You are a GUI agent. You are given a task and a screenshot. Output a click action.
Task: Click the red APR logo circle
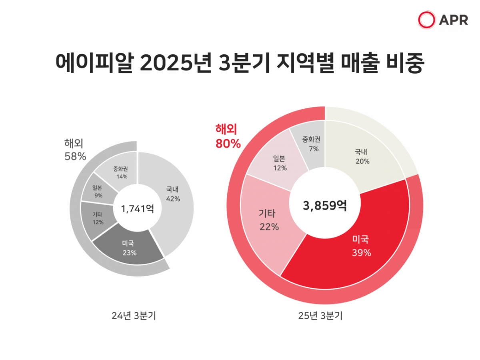[426, 20]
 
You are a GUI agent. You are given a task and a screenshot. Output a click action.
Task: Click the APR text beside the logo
[453, 20]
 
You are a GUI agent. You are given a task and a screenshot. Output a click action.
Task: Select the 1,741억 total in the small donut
[137, 208]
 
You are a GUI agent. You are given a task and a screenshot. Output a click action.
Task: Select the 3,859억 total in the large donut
[325, 206]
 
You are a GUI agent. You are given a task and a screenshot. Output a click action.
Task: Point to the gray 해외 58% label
[75, 150]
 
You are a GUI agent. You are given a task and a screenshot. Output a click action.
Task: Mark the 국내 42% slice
[173, 194]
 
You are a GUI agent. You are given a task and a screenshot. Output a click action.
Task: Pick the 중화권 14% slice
[120, 172]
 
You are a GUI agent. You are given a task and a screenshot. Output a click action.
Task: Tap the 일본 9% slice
[97, 191]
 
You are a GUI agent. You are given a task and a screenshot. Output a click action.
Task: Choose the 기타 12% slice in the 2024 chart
[97, 218]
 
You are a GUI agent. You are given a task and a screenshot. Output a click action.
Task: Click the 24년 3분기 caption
[134, 316]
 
